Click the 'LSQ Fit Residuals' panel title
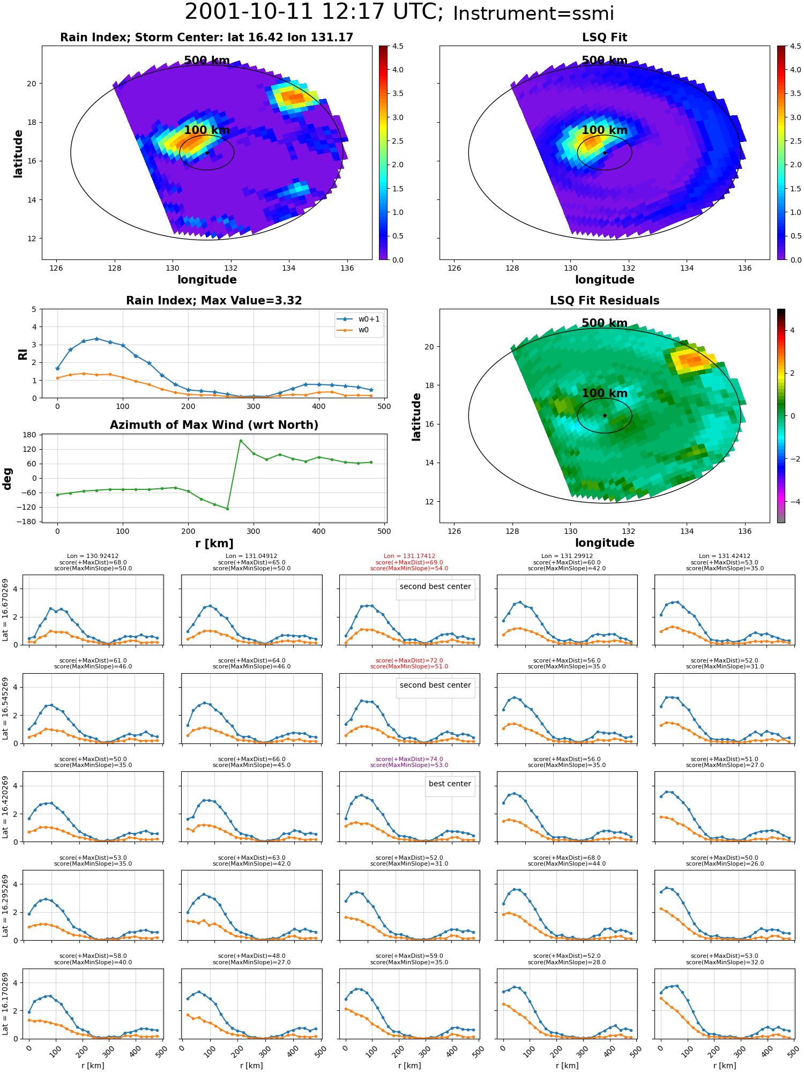click(x=605, y=301)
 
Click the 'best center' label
click(x=450, y=784)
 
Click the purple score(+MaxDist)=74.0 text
click(x=410, y=759)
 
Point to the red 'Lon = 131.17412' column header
click(x=410, y=556)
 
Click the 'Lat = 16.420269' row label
click(x=5, y=806)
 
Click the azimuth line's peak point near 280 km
click(x=241, y=441)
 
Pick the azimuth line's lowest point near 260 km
click(x=227, y=509)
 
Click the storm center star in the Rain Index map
click(x=207, y=153)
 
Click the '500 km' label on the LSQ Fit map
click(x=605, y=61)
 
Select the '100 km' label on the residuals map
click(x=605, y=393)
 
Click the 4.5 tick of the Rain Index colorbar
click(x=398, y=46)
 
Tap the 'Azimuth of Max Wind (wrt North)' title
click(x=214, y=425)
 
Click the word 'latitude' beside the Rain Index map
click(x=18, y=153)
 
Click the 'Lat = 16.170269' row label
click(x=5, y=1003)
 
